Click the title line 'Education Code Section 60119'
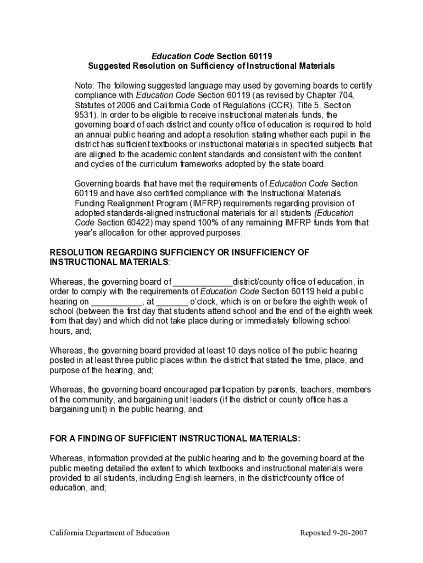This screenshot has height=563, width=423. click(x=211, y=56)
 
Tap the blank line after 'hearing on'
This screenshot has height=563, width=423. click(x=116, y=302)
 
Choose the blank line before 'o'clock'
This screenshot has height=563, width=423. click(x=172, y=302)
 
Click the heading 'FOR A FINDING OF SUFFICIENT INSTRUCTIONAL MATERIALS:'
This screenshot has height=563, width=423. click(x=175, y=438)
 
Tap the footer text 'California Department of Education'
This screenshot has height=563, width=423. click(x=110, y=533)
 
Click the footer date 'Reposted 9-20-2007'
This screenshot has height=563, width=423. click(x=333, y=533)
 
